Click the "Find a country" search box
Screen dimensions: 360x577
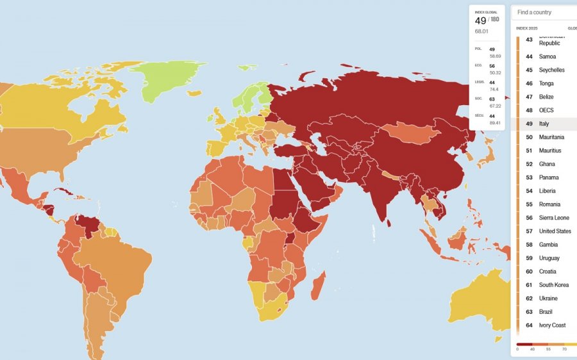pos(545,12)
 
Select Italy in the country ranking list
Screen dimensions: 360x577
pos(544,124)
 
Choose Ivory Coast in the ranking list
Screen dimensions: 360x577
pos(552,325)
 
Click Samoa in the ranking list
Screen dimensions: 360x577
pos(547,56)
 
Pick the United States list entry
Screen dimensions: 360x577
pos(555,231)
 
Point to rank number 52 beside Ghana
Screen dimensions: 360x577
pos(529,164)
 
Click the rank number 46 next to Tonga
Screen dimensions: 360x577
pos(529,83)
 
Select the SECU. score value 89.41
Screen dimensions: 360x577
pos(494,122)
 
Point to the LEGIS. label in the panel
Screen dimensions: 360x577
pos(479,82)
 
